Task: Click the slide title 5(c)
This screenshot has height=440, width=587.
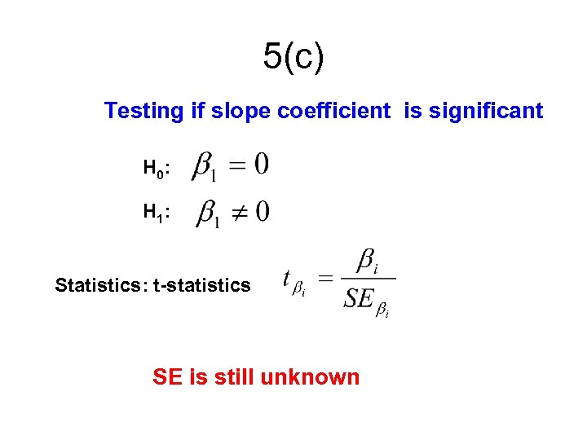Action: click(x=293, y=57)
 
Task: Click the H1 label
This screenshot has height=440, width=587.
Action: click(x=155, y=213)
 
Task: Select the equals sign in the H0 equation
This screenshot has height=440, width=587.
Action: click(x=237, y=166)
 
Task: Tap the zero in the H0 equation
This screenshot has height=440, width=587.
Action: click(x=261, y=165)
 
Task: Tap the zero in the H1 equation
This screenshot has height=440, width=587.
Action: click(x=263, y=213)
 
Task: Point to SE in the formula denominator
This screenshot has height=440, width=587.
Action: click(x=359, y=299)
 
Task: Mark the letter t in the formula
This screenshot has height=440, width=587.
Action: click(x=287, y=279)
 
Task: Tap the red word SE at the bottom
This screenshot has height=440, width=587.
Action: click(x=168, y=377)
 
